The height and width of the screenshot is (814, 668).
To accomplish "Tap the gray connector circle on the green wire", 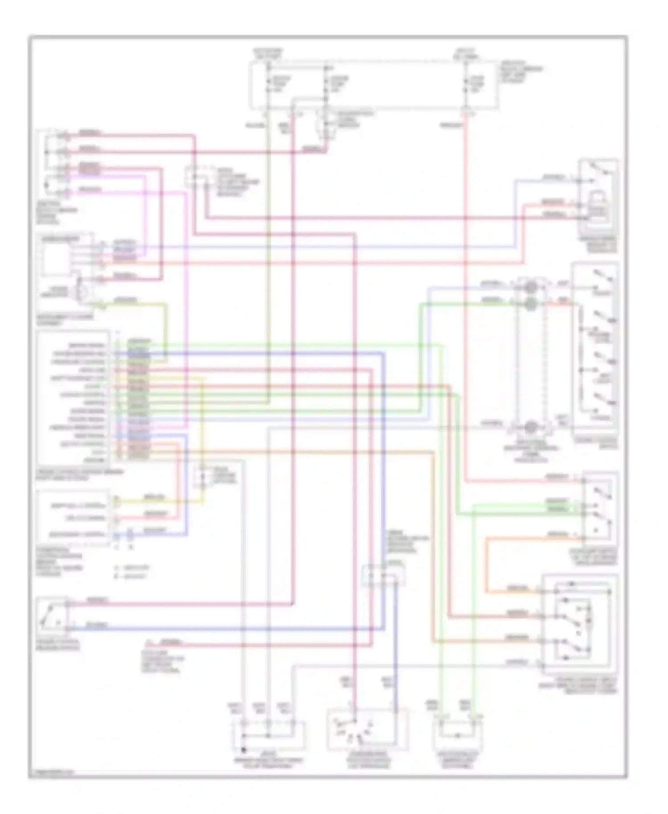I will point(530,304).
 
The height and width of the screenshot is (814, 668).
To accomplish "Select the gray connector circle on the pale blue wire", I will point(530,287).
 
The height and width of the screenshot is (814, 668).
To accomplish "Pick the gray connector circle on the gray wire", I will point(530,427).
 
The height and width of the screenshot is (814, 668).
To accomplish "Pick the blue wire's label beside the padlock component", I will point(554,178).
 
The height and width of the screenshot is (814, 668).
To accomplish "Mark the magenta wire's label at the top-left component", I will point(90,190).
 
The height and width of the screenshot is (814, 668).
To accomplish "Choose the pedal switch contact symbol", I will point(51,615).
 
